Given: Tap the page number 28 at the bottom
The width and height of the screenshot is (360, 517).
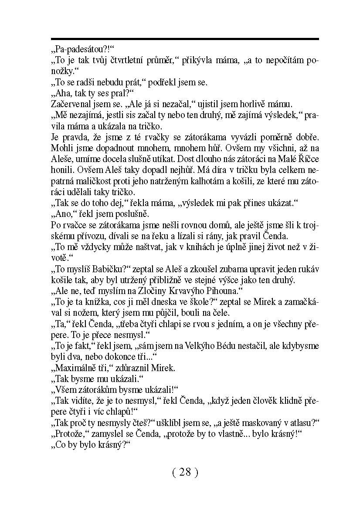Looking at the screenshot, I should (x=185, y=472).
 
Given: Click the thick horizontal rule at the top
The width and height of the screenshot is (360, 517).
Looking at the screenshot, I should (x=185, y=39).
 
